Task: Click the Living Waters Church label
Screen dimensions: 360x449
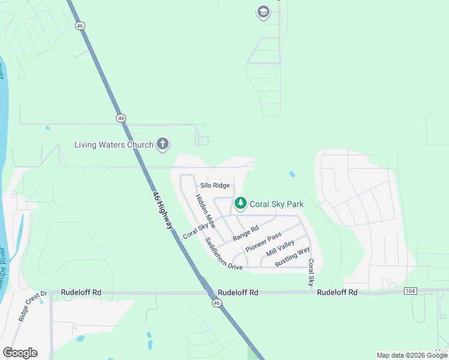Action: (113, 145)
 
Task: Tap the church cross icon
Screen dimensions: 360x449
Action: (162, 144)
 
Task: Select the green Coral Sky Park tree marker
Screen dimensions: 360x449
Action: (240, 203)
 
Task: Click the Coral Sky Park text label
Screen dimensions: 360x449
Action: (277, 204)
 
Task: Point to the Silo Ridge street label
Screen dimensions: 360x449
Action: (215, 185)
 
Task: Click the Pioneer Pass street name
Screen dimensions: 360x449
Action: (263, 242)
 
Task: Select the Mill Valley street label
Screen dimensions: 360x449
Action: (280, 248)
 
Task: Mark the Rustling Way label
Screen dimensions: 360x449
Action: (292, 257)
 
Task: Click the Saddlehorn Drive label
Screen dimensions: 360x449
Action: (223, 254)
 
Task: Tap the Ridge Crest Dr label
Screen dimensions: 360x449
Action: (32, 307)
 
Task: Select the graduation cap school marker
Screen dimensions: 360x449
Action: (263, 11)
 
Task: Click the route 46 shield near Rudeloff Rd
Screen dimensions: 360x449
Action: (216, 304)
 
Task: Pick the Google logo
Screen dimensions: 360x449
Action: (20, 352)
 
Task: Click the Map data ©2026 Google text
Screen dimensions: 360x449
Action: (411, 355)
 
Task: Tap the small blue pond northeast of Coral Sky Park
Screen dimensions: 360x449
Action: (292, 174)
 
